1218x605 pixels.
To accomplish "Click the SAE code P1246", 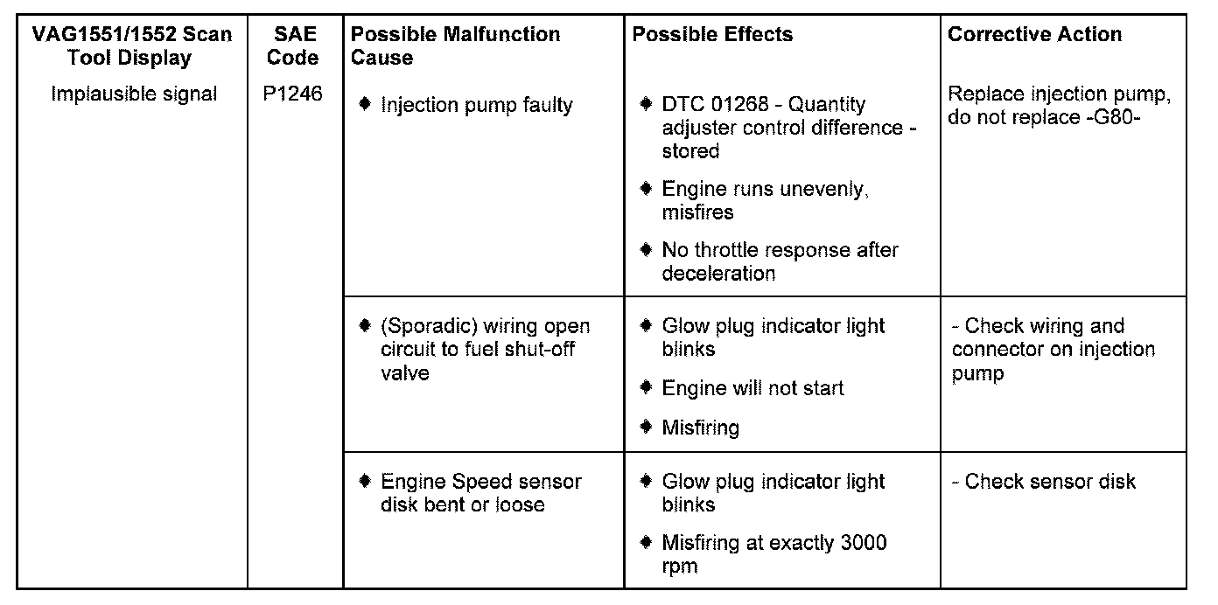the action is [293, 94].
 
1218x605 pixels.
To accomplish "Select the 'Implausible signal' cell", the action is [134, 94].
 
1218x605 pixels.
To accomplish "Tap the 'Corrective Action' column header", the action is [1034, 35].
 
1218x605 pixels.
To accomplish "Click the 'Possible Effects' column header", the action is [712, 35].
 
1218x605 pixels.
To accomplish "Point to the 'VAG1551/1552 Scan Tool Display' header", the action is [132, 46].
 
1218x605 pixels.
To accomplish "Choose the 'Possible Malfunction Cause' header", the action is [455, 46].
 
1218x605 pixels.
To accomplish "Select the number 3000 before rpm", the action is [863, 543].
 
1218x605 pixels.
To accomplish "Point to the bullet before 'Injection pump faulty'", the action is [366, 105].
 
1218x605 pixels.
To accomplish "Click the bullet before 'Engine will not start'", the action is [647, 387].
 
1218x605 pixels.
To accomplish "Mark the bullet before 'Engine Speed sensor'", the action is [366, 482].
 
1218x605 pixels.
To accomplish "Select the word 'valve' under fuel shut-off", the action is [405, 373].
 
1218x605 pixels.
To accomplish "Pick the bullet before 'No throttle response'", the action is [647, 250].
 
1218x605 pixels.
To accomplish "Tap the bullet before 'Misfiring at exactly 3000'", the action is [647, 543].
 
